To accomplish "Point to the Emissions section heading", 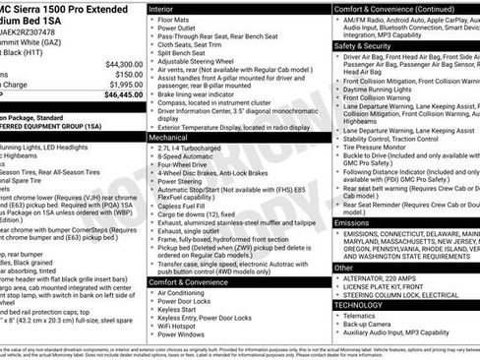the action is point(353,222).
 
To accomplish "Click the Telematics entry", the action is point(364,317).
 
